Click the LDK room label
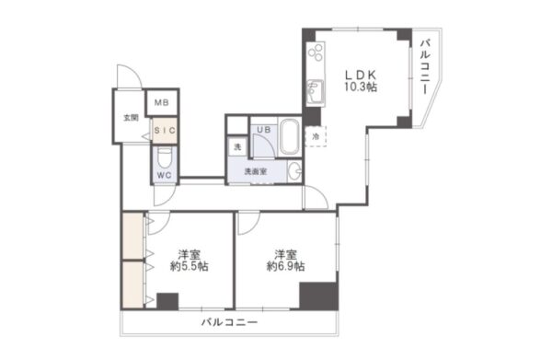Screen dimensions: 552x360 [361, 75]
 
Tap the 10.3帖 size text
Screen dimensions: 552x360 [361, 87]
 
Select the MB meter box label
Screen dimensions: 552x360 [162, 102]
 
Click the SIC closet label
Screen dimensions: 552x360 [165, 131]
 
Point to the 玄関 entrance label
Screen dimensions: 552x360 [131, 118]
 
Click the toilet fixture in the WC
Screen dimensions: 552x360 [164, 157]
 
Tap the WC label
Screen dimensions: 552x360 [164, 175]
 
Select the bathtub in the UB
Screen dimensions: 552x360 [290, 136]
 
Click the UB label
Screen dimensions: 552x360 [264, 130]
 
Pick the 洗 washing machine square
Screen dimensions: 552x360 [238, 147]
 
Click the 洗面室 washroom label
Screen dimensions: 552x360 [256, 171]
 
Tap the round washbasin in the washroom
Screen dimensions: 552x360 [295, 172]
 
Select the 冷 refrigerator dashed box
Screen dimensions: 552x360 [316, 136]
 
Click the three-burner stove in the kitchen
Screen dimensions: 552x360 [316, 52]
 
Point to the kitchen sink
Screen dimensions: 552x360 [315, 92]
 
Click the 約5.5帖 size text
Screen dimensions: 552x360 [189, 266]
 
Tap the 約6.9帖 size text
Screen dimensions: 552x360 [285, 266]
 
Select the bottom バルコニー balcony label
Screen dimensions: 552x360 [229, 322]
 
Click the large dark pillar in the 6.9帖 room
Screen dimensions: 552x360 [318, 296]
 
